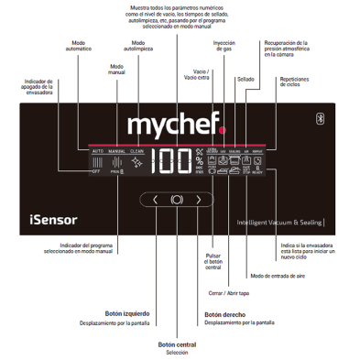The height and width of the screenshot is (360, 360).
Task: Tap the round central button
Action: pos(177,199)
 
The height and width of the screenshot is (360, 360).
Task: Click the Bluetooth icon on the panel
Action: pos(321,118)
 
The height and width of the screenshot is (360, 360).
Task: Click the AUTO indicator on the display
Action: pos(97,150)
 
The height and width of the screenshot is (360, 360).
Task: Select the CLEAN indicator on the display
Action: pos(136,150)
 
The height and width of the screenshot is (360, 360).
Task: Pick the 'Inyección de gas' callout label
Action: pos(225,45)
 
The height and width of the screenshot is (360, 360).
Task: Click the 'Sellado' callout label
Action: pos(245,79)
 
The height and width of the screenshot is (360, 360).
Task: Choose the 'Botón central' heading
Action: pos(177,344)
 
